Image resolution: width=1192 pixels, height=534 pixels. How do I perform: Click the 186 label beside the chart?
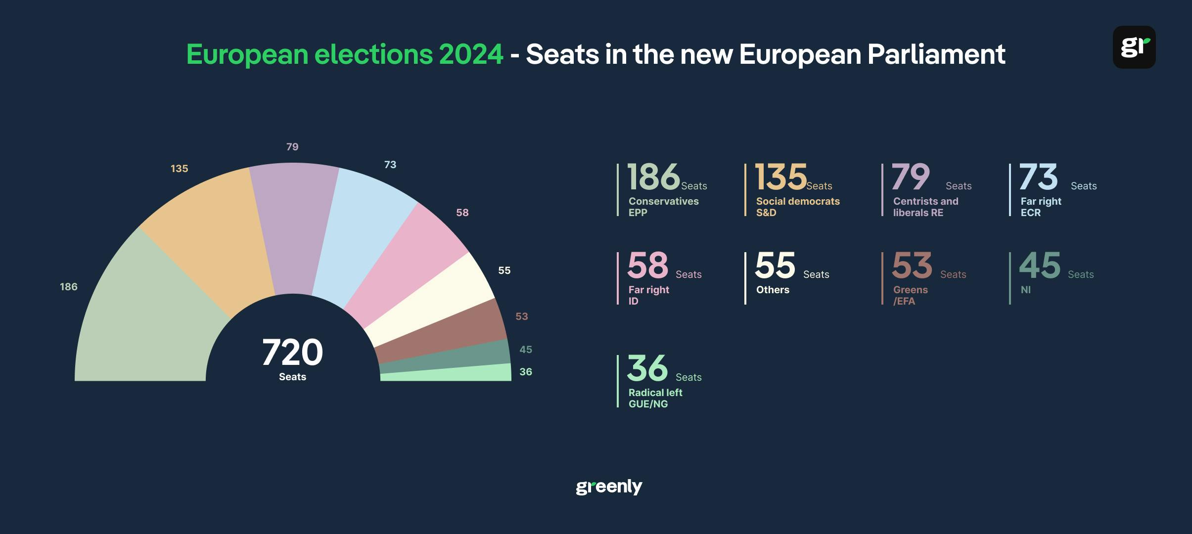coord(69,287)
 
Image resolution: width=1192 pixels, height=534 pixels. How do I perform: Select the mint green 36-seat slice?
coord(445,374)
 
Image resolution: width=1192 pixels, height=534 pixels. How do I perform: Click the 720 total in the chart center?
coord(292,353)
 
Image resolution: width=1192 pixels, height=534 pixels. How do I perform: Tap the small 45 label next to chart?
coord(526,350)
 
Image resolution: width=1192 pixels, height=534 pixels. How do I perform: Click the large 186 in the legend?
coord(653,177)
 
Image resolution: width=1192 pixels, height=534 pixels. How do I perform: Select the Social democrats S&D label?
coord(797,207)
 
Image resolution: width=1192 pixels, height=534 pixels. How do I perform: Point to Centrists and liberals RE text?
coord(925,207)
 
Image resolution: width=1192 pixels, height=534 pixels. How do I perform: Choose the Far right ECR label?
coord(1041,207)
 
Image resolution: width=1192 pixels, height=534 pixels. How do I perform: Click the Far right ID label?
coord(648,295)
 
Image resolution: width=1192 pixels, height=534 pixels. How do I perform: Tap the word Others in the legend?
coord(773,290)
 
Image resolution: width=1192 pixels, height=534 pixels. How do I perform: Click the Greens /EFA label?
coord(910,295)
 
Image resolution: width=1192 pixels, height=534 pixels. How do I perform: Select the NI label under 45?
coord(1026,290)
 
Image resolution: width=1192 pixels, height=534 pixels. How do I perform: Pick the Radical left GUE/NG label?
coord(655,398)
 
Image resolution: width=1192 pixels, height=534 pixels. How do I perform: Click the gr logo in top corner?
coord(1134,47)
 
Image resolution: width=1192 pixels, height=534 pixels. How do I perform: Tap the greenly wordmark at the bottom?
coord(609,487)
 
